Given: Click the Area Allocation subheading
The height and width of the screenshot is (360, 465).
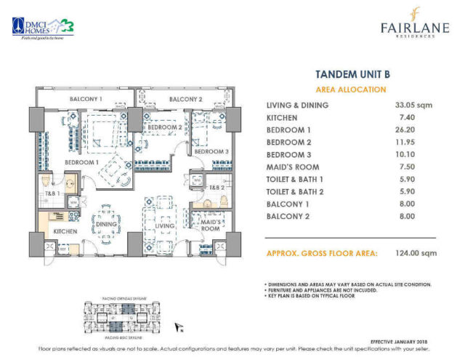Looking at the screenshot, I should pyautogui.click(x=350, y=89).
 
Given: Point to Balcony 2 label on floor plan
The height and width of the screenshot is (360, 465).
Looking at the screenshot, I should pyautogui.click(x=185, y=98).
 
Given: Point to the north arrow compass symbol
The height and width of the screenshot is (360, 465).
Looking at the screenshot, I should pyautogui.click(x=177, y=329).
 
